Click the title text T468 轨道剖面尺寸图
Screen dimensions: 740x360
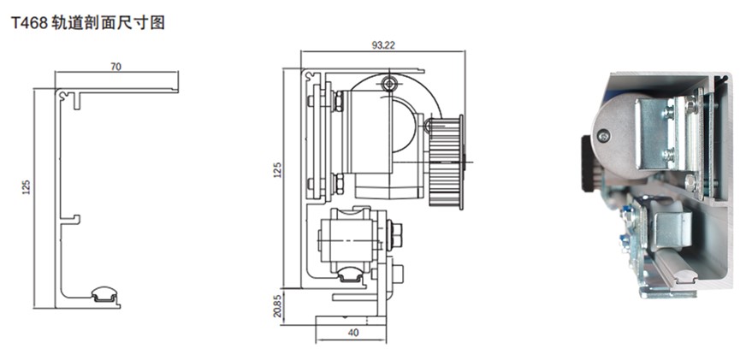(88, 22)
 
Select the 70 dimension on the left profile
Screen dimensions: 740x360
(115, 67)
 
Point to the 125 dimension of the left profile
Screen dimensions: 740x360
(27, 187)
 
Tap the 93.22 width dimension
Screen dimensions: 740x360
(382, 45)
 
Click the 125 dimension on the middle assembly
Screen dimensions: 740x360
(277, 170)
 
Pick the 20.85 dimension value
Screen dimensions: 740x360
(277, 305)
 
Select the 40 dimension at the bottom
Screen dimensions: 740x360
(353, 332)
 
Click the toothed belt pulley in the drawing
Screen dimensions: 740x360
(446, 162)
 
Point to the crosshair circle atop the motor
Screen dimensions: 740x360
(389, 84)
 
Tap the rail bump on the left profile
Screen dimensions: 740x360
(104, 294)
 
